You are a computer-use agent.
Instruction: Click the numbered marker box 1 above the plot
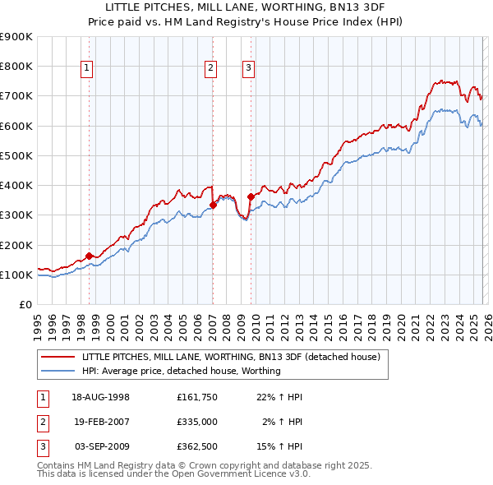87,68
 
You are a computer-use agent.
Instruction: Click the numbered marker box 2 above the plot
210,68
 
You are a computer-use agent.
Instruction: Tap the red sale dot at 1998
89,256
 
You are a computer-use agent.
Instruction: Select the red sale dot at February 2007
213,205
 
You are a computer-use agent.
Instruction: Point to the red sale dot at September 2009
250,196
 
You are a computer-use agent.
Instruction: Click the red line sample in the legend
58,358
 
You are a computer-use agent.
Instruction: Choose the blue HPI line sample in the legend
58,371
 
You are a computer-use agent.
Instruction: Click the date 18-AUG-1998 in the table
100,397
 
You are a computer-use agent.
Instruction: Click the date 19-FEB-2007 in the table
100,422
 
